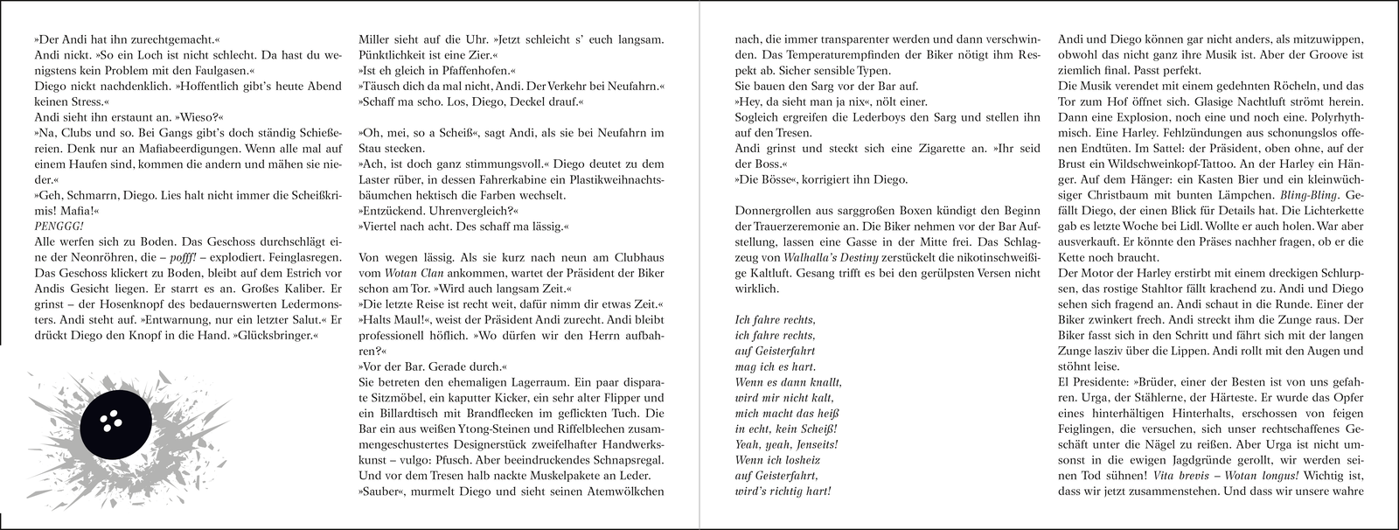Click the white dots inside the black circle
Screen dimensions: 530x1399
point(108,422)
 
